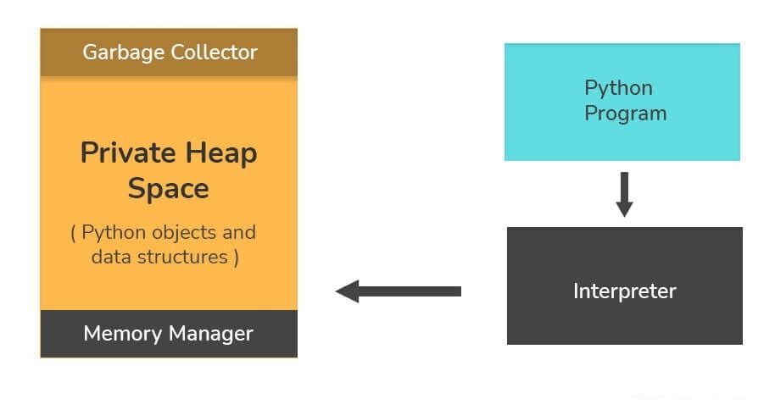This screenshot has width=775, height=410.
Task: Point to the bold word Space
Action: pos(169,188)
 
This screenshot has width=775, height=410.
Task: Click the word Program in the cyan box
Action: pos(626,114)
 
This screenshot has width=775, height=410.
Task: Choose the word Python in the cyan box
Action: pos(619,88)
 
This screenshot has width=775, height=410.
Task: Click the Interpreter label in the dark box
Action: pos(625,291)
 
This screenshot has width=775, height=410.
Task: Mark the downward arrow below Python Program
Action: pos(624,194)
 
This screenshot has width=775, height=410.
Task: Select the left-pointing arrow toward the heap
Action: pos(399,291)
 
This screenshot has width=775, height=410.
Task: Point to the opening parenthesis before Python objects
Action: pos(75,233)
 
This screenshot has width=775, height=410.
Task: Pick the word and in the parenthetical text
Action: pos(238,232)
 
